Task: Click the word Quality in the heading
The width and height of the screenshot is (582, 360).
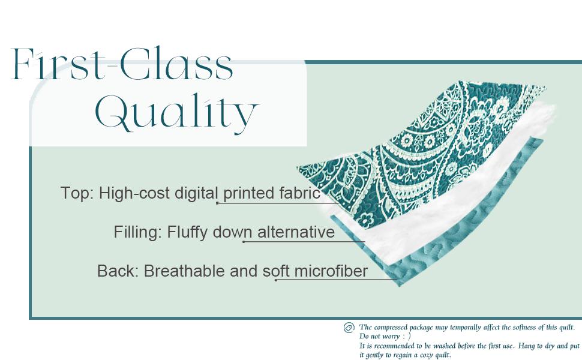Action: tap(176, 113)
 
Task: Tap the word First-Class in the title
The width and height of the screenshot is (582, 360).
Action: tap(122, 65)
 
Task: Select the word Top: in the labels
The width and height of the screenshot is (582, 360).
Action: tap(77, 193)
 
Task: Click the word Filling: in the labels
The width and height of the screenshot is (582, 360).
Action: tap(137, 232)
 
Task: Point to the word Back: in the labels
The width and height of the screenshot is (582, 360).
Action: tap(118, 271)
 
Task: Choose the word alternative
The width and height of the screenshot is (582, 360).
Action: tap(296, 232)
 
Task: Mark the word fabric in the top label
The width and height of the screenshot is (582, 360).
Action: tap(299, 193)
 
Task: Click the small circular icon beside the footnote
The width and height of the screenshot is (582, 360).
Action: tap(349, 328)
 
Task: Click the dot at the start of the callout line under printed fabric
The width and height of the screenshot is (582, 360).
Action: tap(217, 203)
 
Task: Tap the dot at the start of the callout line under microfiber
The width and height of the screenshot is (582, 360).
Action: tap(276, 280)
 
